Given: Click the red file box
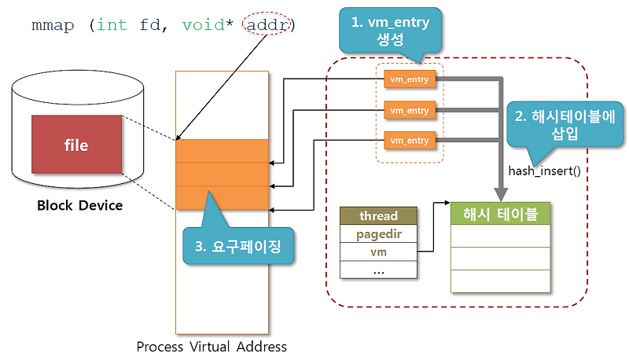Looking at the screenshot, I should (x=76, y=145).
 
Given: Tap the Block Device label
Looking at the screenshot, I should (x=80, y=206).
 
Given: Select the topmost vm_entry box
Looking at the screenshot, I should (x=410, y=79).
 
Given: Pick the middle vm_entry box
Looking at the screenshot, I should (x=410, y=110).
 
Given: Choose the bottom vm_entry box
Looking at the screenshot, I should (x=410, y=140).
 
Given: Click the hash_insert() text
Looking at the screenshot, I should (x=544, y=170).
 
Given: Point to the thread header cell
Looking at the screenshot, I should (x=378, y=215).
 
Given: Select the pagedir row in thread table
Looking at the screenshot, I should (x=378, y=233).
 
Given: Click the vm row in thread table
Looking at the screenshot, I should (x=378, y=252).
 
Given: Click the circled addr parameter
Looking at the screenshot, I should (x=268, y=25).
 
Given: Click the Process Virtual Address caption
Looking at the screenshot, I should (x=212, y=346).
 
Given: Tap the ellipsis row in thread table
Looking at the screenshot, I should (x=378, y=270).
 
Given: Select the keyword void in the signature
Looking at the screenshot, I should (x=202, y=25).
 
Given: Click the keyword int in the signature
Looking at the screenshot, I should (x=112, y=25).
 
